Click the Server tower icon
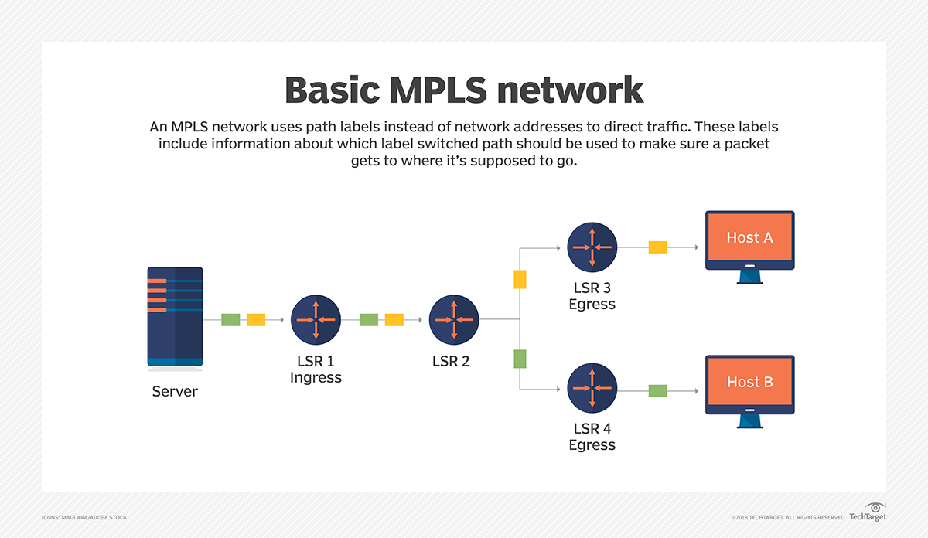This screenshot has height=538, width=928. pyautogui.click(x=175, y=316)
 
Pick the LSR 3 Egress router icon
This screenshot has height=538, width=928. pyautogui.click(x=592, y=247)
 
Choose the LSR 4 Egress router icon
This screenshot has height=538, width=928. pyautogui.click(x=592, y=389)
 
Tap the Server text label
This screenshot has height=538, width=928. pyautogui.click(x=175, y=391)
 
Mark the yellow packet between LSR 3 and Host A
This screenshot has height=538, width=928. pyautogui.click(x=657, y=247)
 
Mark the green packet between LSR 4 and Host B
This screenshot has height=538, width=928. pyautogui.click(x=657, y=390)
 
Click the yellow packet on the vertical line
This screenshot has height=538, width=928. pyautogui.click(x=520, y=280)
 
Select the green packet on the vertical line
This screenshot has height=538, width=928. pyautogui.click(x=520, y=359)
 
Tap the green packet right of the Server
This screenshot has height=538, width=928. pyautogui.click(x=230, y=319)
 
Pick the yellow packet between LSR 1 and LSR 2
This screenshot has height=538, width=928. pyautogui.click(x=394, y=319)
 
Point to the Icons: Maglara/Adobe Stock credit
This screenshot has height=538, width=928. pyautogui.click(x=84, y=517)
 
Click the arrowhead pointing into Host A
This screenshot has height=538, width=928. pyautogui.click(x=696, y=247)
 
